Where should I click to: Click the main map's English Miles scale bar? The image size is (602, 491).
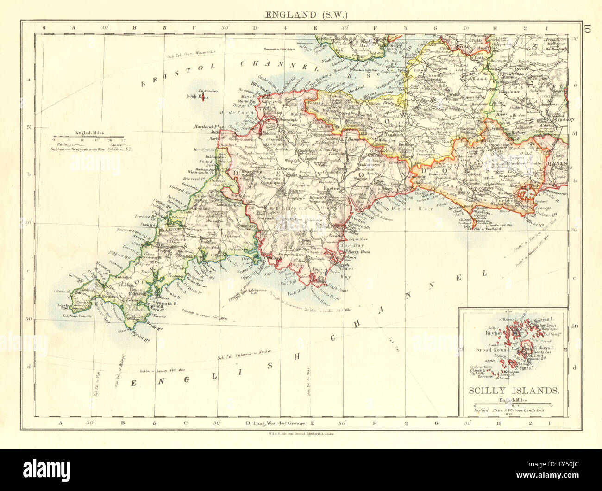click(x=88, y=137)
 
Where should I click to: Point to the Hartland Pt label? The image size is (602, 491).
click(x=207, y=126)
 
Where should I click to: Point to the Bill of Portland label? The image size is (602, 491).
click(x=487, y=229)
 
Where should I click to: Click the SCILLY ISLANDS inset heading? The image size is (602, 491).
click(x=514, y=390)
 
